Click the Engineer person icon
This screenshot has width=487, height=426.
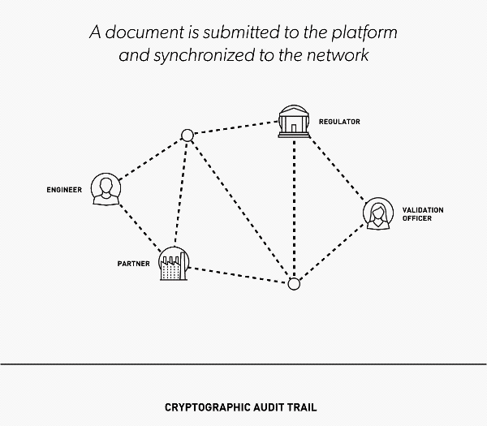coord(106,189)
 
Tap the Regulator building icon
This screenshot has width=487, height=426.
coord(294,122)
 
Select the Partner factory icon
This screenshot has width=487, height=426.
coord(174,264)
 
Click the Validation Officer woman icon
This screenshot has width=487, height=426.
coord(378,213)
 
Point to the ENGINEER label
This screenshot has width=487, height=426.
coord(64,190)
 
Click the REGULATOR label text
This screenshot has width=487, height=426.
coord(339,122)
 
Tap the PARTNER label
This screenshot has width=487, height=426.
coord(134,264)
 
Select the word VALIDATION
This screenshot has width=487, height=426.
coord(423,210)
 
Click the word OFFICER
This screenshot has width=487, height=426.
coord(417,218)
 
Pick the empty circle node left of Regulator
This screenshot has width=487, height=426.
coord(187,136)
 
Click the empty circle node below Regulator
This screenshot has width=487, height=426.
coord(294,284)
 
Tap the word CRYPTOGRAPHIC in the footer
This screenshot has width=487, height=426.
coord(207,407)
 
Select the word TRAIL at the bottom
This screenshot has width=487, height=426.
coord(302,407)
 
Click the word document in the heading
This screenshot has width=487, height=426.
coord(144,32)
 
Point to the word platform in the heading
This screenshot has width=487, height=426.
coord(364,33)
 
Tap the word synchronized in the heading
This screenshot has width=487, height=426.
coord(205,56)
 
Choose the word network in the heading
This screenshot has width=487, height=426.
coord(338,55)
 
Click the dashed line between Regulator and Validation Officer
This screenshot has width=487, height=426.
coord(338,170)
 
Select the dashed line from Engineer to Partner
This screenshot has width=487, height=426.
coord(140,227)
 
